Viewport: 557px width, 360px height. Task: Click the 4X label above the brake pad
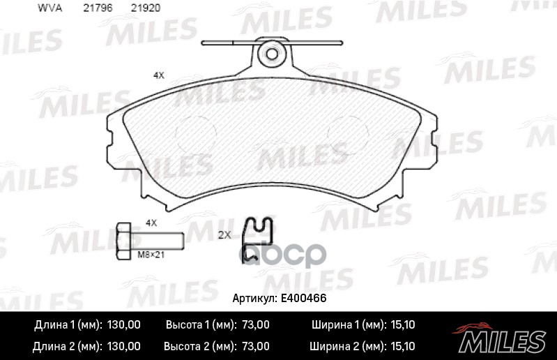click(158, 75)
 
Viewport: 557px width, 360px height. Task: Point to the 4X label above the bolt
click(151, 223)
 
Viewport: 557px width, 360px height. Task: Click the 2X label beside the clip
click(224, 235)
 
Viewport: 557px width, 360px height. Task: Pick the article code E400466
click(305, 298)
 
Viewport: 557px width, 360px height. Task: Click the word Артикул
click(254, 298)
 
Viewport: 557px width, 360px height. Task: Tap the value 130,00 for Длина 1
click(124, 325)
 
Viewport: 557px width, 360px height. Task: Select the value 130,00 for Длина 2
click(124, 346)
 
